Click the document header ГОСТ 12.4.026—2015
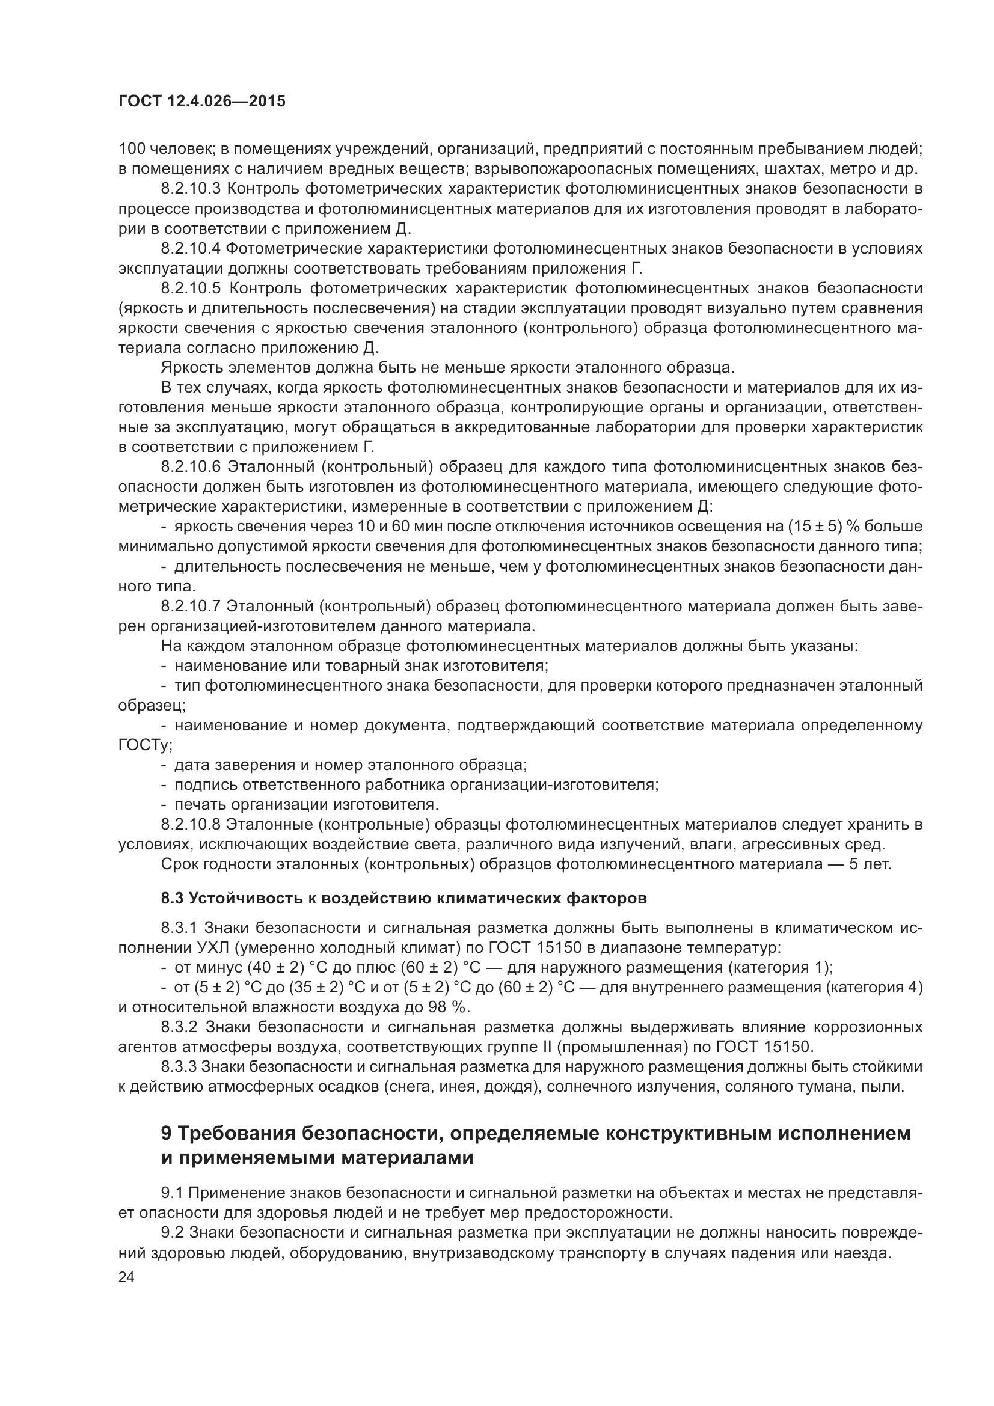click(x=201, y=102)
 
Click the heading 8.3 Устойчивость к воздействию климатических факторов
click(x=403, y=898)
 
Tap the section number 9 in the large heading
click(x=167, y=1134)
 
